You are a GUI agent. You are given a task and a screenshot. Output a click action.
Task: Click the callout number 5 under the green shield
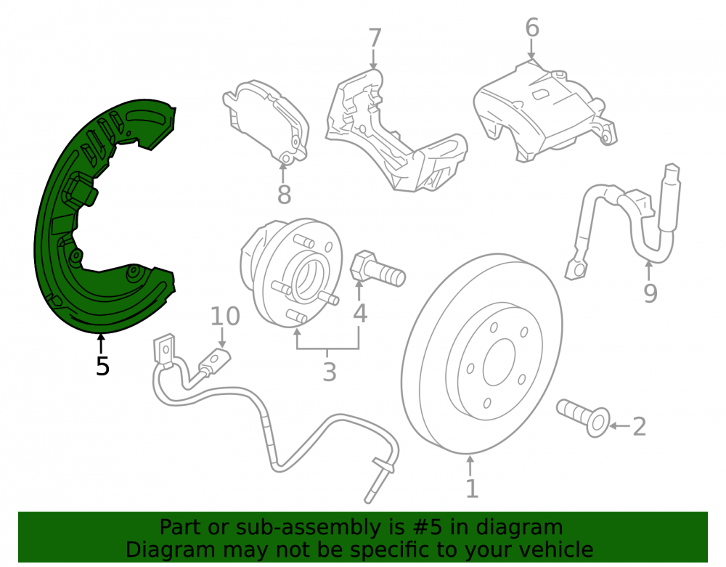pos(102,366)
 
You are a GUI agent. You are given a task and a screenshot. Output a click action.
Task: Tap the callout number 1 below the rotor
pos(472,489)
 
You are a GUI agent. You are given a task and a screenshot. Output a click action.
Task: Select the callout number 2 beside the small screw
pos(639,426)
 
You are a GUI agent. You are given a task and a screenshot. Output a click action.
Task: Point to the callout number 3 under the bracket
pos(329,372)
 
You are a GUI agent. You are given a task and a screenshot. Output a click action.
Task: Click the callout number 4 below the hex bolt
pos(360,314)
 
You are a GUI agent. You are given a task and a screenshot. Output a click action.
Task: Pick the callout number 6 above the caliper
pos(532,28)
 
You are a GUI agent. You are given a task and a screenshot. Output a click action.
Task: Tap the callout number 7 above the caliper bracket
pos(375,38)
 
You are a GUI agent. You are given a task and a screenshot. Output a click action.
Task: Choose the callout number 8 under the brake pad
pos(284,195)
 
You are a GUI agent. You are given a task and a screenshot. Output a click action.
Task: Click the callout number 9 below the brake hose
pos(650,293)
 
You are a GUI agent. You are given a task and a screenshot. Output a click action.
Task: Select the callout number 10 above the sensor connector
pos(225,317)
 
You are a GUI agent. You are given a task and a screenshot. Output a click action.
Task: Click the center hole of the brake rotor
pos(499,362)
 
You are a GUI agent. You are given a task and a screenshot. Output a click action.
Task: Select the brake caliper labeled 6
pos(544,111)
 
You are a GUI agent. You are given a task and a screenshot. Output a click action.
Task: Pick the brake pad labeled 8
pos(266,123)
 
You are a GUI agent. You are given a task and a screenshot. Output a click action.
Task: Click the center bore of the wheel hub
pos(306,279)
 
